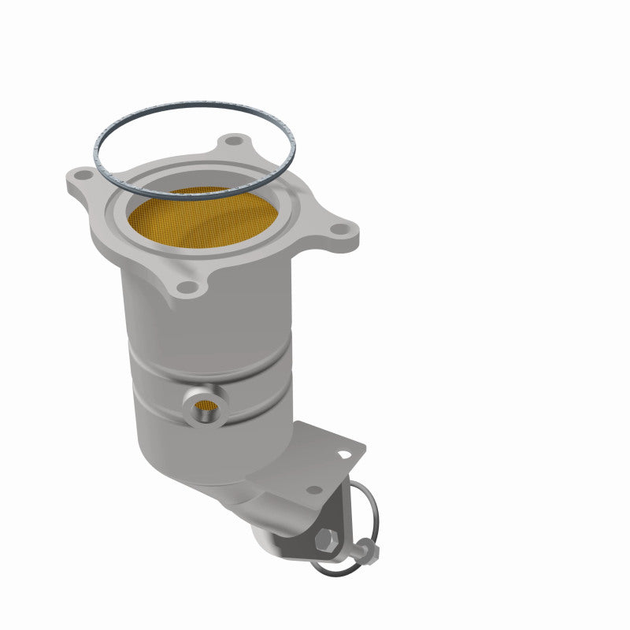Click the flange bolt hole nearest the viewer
tap(186, 288)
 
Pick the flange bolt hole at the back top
tap(231, 143)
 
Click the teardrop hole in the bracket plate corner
tap(344, 454)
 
